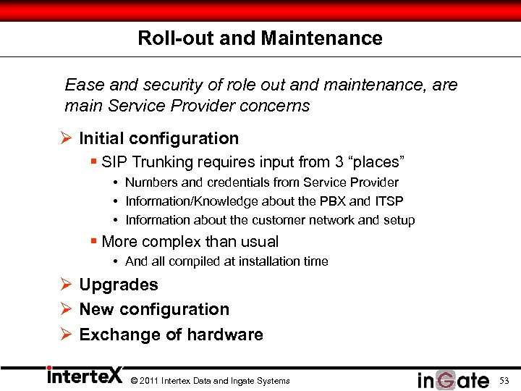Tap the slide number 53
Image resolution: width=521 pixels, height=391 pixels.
pyautogui.click(x=504, y=380)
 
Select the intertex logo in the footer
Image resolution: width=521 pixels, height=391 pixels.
pyautogui.click(x=84, y=377)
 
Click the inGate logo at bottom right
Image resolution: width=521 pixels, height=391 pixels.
pyautogui.click(x=453, y=379)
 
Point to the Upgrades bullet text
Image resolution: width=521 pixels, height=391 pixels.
pyautogui.click(x=119, y=285)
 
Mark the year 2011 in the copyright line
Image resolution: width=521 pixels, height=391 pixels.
pyautogui.click(x=147, y=381)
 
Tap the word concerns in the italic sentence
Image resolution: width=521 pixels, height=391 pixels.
pyautogui.click(x=278, y=106)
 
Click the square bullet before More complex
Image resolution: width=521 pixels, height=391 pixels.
pyautogui.click(x=94, y=242)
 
